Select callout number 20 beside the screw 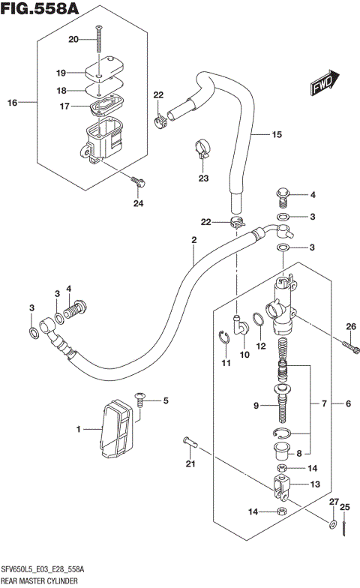coord(73,39)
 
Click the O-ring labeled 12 coord(258,322)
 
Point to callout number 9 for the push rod coord(256,406)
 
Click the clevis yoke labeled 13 coord(281,488)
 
